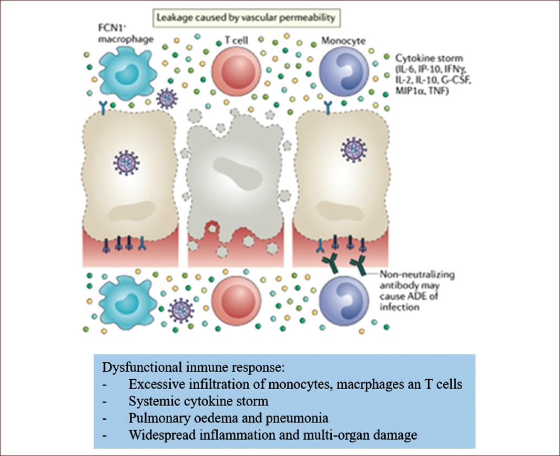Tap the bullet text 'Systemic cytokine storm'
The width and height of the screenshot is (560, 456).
pyautogui.click(x=199, y=401)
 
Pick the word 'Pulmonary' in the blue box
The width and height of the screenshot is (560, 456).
pyautogui.click(x=153, y=419)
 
